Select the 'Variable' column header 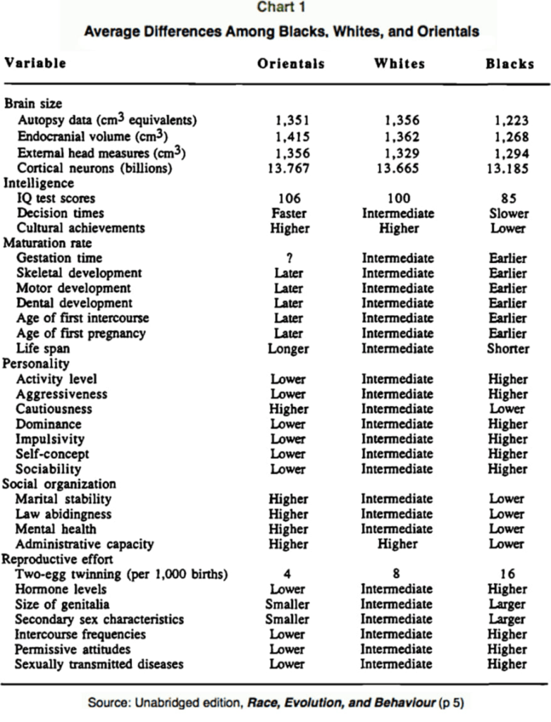36,63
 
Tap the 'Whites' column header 400,63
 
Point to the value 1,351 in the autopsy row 290,121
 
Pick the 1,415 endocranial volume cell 290,137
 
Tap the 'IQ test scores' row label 56,198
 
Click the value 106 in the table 289,198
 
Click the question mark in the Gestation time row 289,259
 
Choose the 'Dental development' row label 75,303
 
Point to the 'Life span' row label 44,348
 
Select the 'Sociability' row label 50,468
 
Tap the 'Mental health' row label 57,529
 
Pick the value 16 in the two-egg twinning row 507,574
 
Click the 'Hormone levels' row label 62,589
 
